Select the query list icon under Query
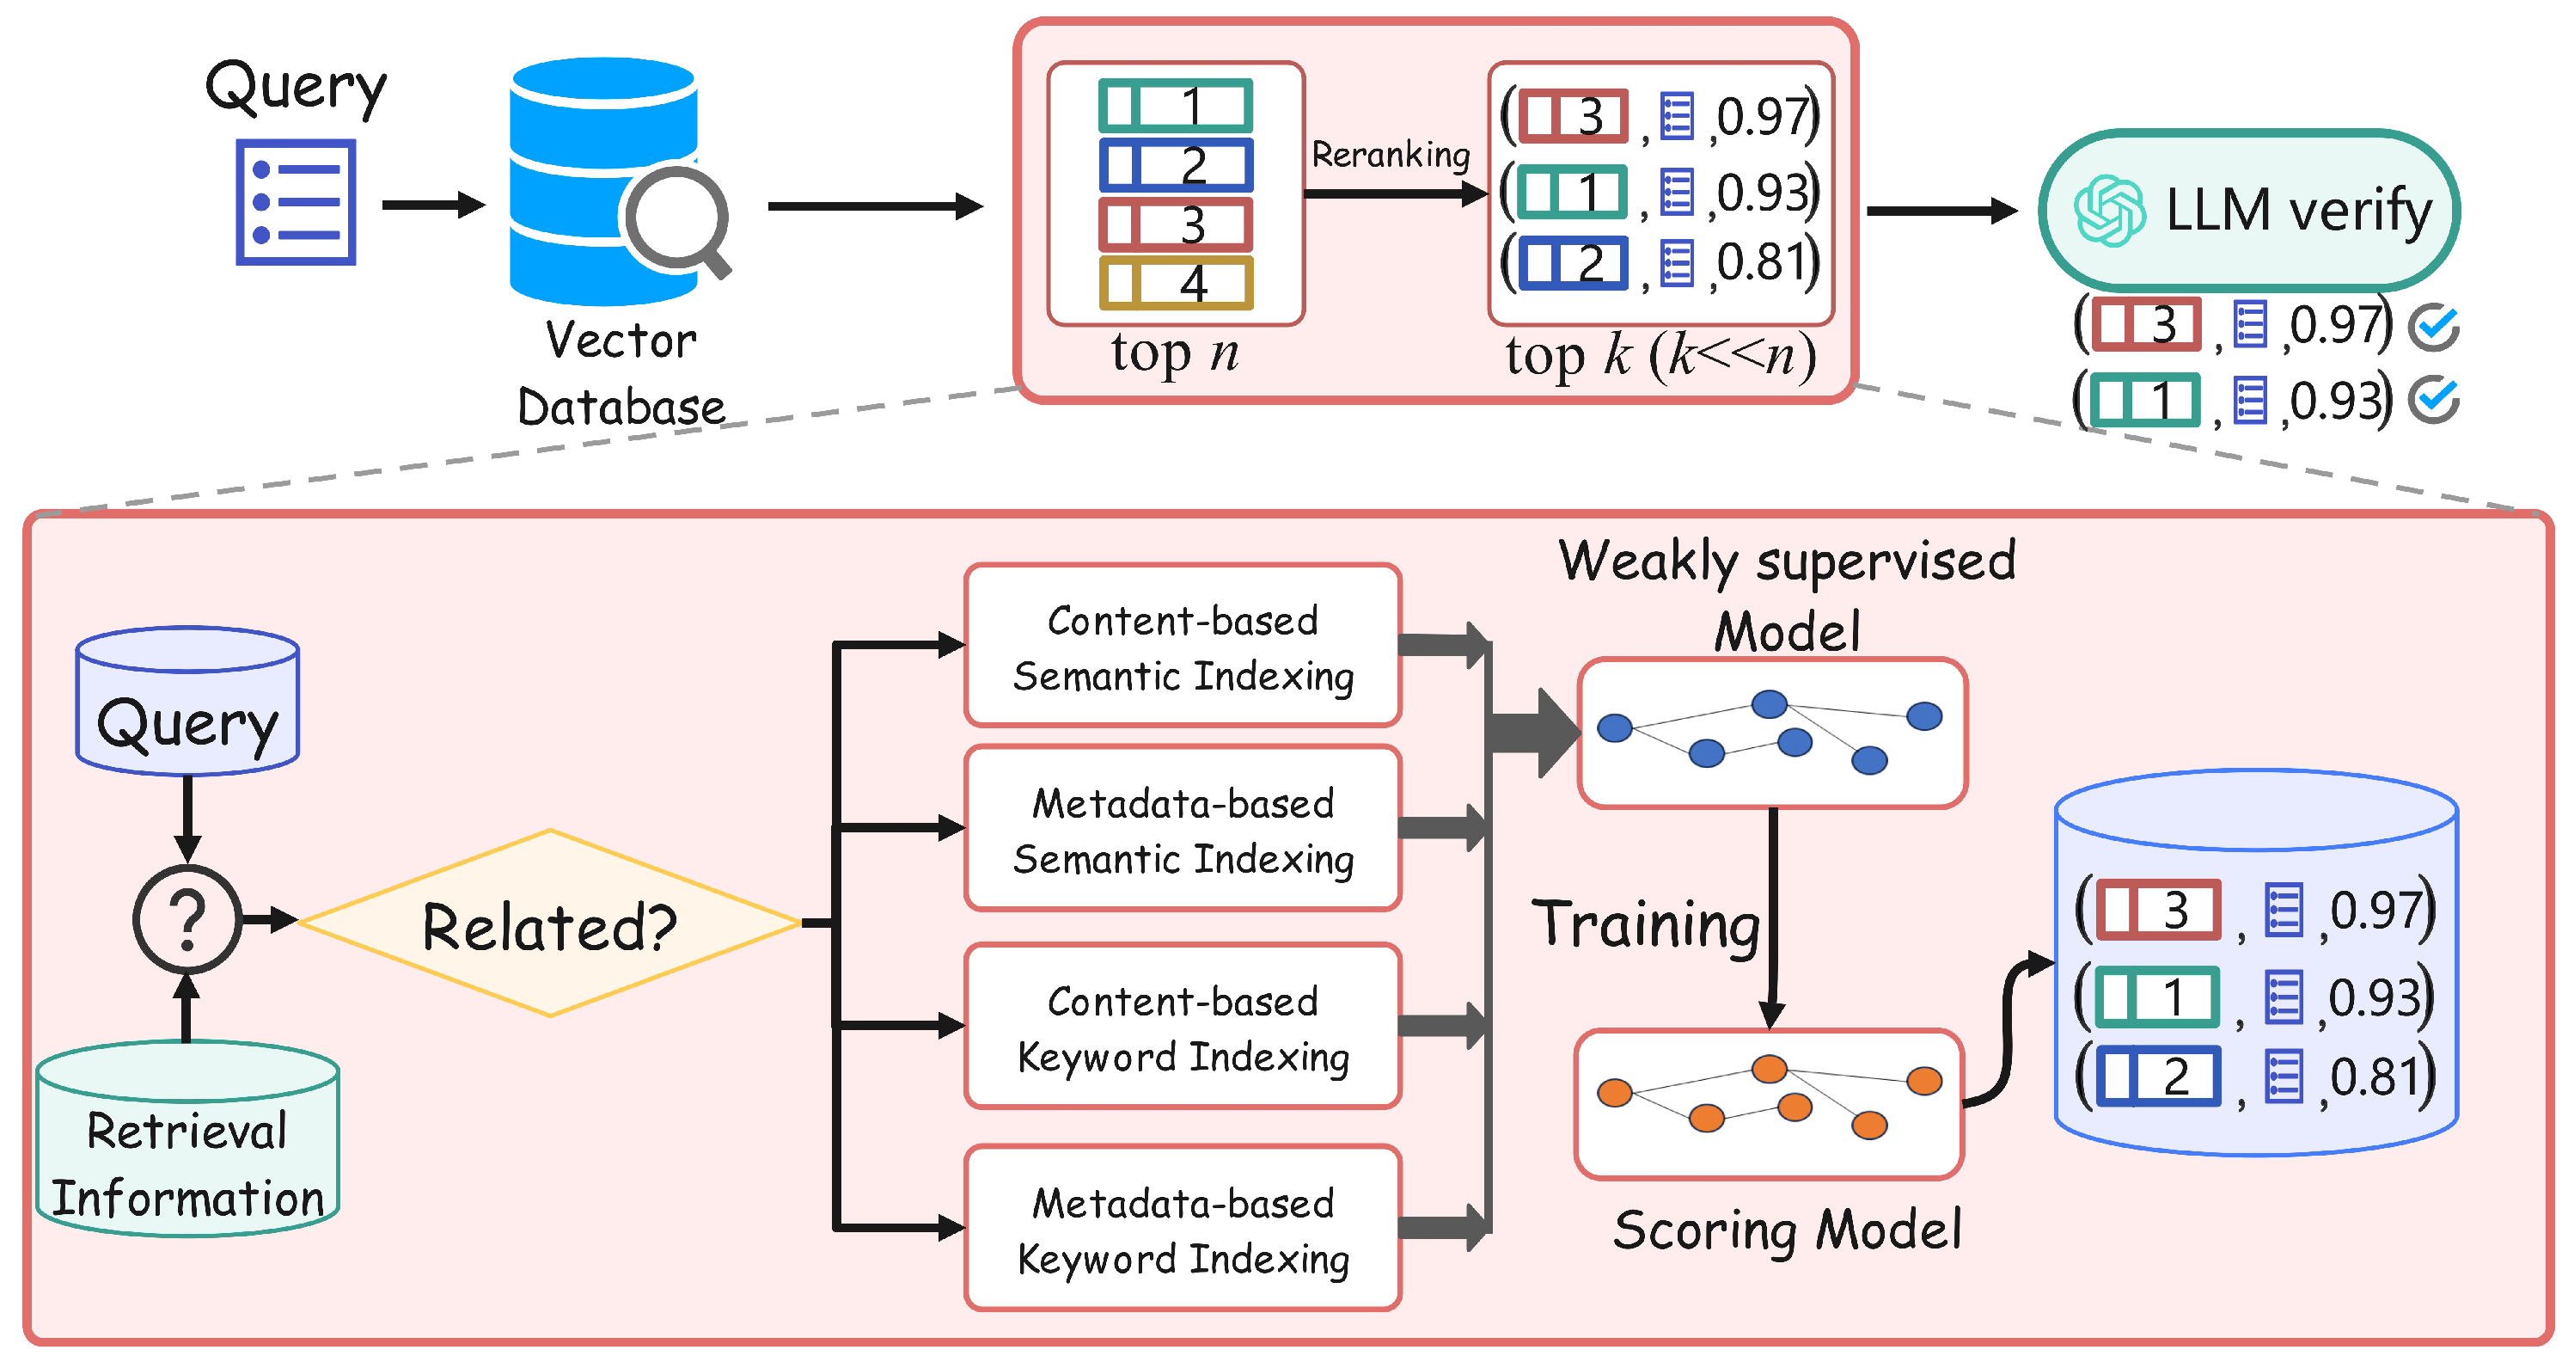(297, 202)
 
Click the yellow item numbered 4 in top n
(1177, 283)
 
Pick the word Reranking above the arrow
(1391, 155)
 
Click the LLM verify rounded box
(2249, 211)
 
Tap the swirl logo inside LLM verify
(2108, 211)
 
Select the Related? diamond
(549, 924)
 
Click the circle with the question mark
(187, 919)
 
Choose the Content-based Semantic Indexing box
(1183, 646)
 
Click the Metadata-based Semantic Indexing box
(1183, 829)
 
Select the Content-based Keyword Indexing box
(1183, 1027)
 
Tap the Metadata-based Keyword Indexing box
(1183, 1229)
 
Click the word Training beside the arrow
(1646, 924)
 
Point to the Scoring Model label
(1788, 1229)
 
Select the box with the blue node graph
(1772, 733)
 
